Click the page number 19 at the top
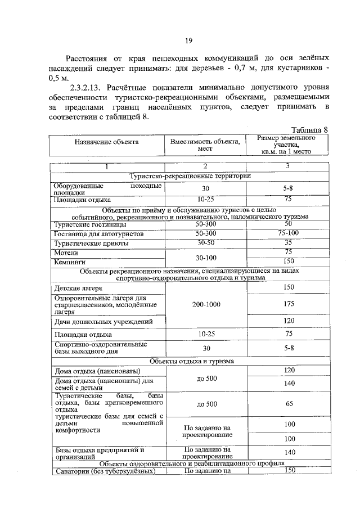[189, 40]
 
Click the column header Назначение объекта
[106, 142]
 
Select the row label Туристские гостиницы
[87, 224]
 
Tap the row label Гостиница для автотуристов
[98, 233]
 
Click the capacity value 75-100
[287, 233]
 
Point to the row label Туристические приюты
[91, 244]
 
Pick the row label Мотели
[66, 253]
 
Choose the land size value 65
[289, 404]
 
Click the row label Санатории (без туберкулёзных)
[103, 471]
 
